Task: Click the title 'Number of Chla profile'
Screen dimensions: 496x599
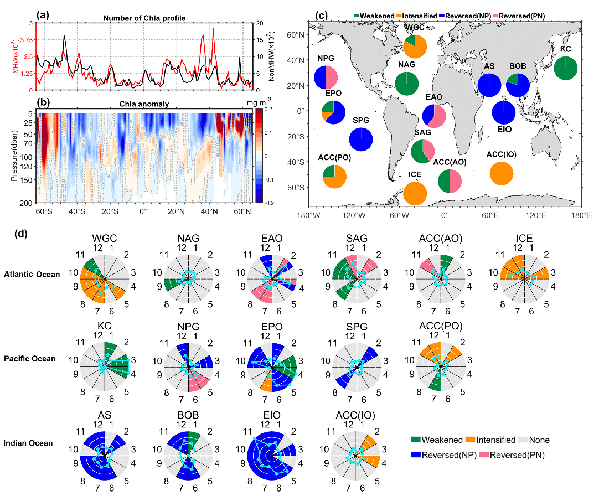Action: coord(144,18)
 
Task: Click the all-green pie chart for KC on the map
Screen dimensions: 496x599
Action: coord(566,68)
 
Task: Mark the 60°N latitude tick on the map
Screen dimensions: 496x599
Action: coord(300,35)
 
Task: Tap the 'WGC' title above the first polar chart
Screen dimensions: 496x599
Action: coord(105,239)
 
